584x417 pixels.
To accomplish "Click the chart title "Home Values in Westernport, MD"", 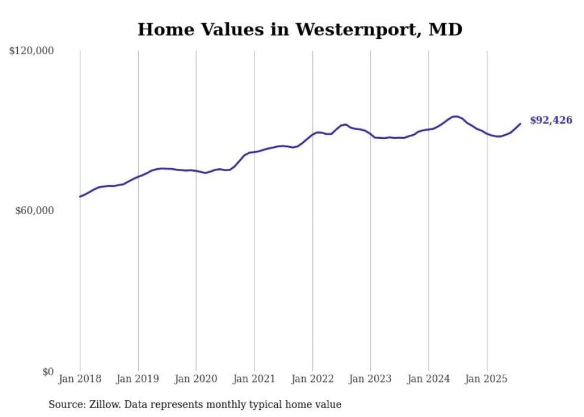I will (300, 29).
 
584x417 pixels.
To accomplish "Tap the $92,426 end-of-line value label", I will (551, 121).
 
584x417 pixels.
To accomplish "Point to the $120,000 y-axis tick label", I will (31, 51).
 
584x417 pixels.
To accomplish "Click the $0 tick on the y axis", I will (48, 372).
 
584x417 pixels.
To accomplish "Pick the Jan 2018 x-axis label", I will (80, 379).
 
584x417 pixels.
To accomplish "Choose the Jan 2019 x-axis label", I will (138, 379).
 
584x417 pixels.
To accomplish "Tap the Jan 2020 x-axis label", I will (196, 379).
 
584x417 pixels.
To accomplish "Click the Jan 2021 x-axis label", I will (254, 379).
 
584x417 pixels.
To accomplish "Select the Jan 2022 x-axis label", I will (312, 379).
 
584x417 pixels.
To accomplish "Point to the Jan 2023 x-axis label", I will (371, 379).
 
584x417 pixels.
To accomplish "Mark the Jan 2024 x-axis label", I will (428, 379).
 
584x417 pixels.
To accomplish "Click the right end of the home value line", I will (520, 124).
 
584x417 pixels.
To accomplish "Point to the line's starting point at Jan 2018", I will (80, 196).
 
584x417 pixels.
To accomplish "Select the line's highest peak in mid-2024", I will (455, 116).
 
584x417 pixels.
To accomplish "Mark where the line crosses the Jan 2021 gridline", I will (254, 152).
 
